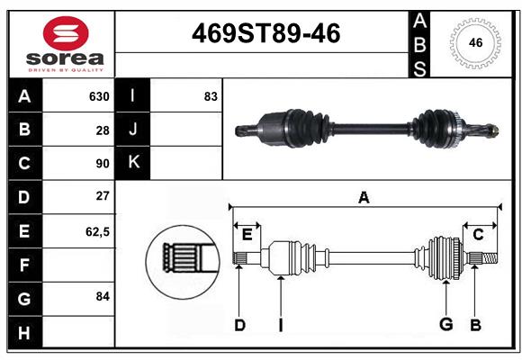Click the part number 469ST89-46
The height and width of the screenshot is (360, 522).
267,34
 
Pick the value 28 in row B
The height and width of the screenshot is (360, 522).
103,130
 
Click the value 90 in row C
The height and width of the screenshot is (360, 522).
103,164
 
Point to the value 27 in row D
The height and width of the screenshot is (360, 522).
103,196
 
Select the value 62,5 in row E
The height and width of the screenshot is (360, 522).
97,231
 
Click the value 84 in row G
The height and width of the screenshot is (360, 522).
103,295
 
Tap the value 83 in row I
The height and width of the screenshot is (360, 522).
211,96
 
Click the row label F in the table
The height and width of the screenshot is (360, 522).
24,265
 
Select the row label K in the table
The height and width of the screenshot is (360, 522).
133,163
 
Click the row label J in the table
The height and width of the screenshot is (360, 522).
133,130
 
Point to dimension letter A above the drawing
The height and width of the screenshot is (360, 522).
364,197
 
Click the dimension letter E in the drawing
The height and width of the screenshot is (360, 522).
247,235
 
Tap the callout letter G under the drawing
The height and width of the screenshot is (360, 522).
445,325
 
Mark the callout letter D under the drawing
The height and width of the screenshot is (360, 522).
239,325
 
